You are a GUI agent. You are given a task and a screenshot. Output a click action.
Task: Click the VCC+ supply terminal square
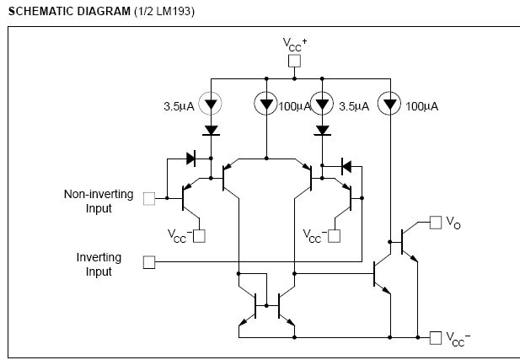point(294,61)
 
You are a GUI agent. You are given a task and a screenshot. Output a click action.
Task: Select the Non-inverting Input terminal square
point(149,199)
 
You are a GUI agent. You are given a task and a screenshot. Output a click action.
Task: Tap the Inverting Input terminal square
point(149,262)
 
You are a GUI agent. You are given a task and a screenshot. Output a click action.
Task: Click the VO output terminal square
point(436,223)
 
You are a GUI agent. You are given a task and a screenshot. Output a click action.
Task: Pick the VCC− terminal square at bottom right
point(436,338)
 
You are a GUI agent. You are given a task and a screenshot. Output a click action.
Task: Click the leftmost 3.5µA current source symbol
point(211,104)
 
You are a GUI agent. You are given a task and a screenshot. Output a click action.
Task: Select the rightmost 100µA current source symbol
point(389,104)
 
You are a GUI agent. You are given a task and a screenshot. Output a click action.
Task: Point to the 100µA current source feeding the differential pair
point(266,104)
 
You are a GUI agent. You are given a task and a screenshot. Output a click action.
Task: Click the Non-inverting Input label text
point(99,201)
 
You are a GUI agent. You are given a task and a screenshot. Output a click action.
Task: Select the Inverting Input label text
point(99,264)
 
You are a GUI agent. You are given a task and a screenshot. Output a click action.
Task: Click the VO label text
point(453,223)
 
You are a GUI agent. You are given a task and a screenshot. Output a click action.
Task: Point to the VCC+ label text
point(295,45)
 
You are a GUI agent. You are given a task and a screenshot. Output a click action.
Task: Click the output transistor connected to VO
point(409,242)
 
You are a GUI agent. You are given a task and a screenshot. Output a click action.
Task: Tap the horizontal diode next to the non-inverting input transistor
point(190,159)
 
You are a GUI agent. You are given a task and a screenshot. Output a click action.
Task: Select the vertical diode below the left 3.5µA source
point(211,131)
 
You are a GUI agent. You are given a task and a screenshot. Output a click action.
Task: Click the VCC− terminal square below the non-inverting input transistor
point(199,236)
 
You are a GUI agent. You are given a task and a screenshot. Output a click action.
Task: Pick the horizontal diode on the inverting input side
point(346,166)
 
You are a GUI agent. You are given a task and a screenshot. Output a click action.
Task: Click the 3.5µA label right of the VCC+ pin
point(354,106)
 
